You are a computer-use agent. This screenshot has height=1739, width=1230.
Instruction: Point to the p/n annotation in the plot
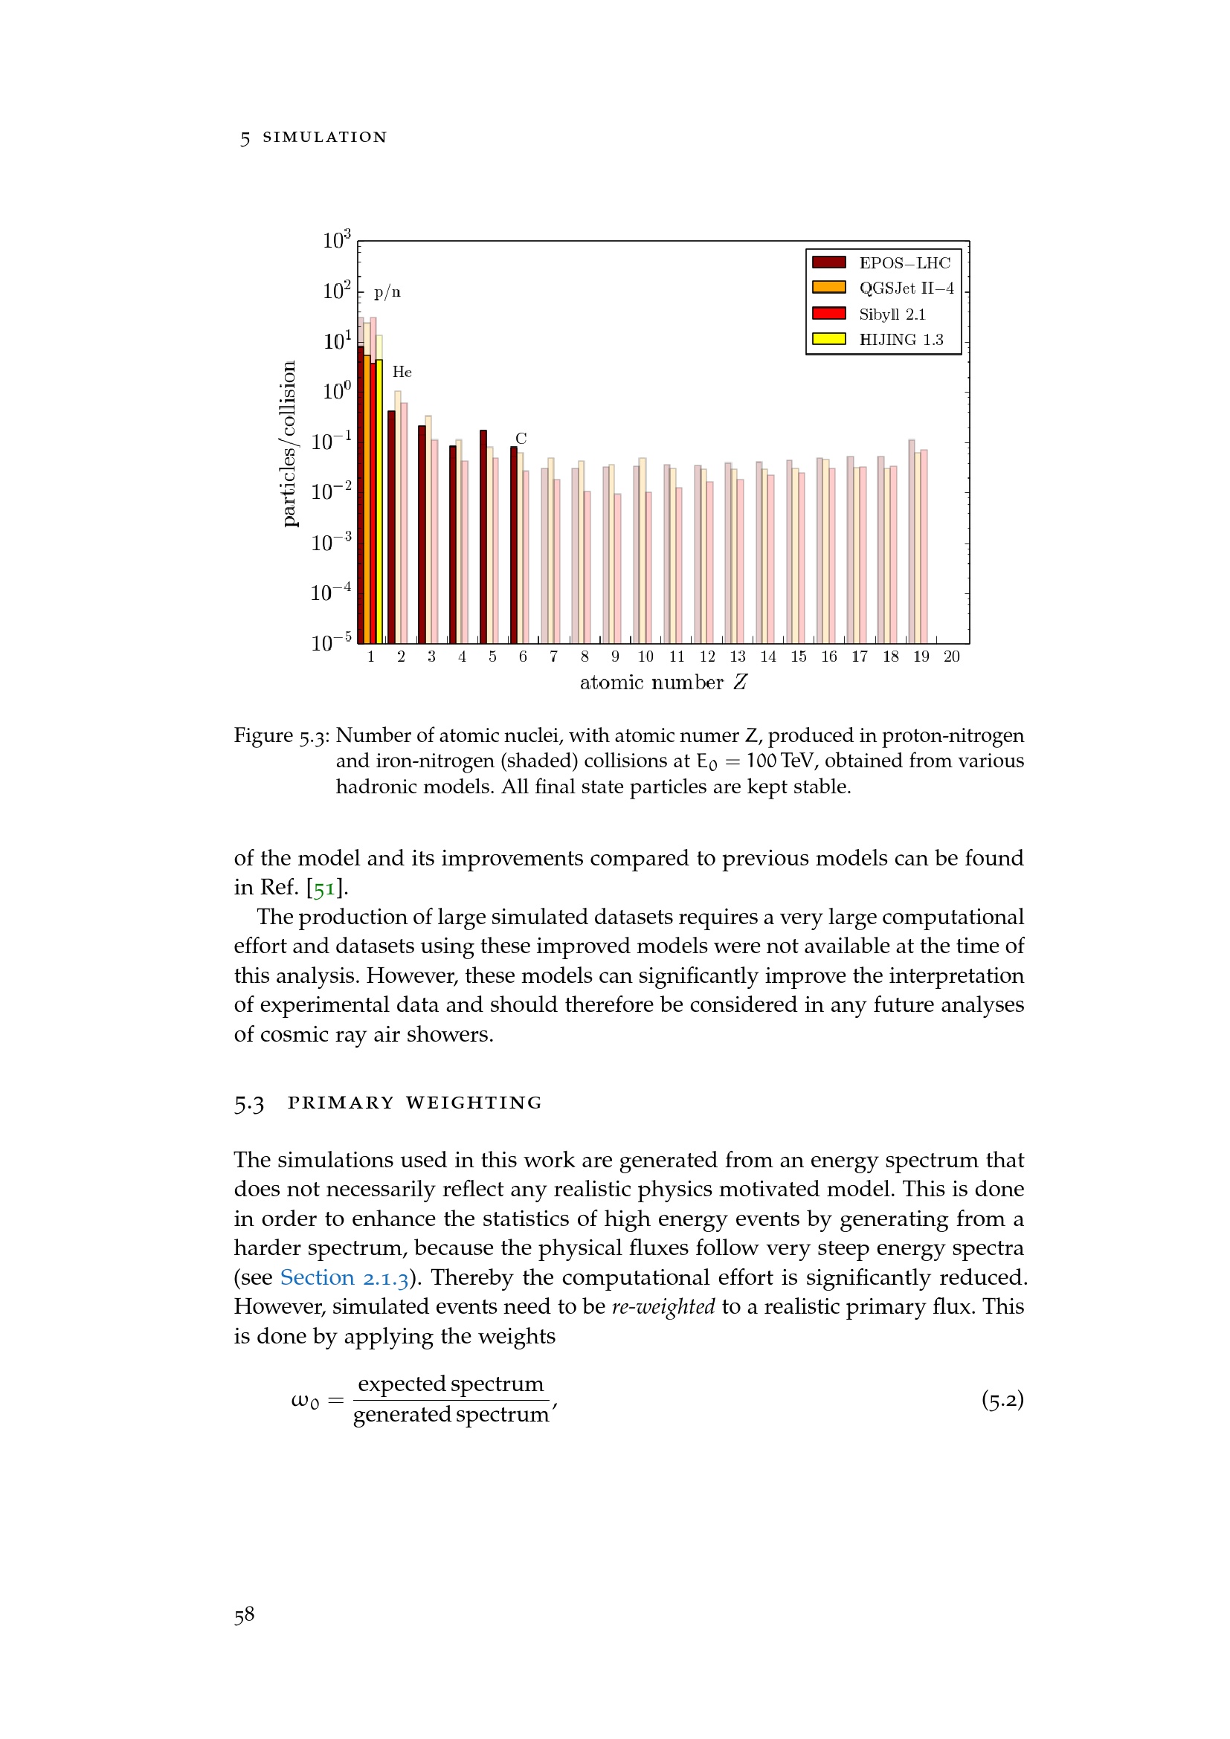[387, 292]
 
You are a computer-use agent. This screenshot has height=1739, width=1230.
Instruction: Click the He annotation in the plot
[402, 372]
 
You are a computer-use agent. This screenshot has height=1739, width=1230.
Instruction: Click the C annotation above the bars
[521, 439]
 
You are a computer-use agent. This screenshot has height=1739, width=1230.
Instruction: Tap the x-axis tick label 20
[951, 656]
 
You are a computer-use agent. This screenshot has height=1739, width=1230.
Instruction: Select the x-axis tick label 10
[645, 656]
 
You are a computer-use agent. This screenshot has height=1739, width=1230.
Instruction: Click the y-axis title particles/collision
[289, 444]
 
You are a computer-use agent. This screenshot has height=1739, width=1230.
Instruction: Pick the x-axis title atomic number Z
[663, 683]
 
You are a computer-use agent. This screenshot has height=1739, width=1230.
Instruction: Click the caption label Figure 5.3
[281, 735]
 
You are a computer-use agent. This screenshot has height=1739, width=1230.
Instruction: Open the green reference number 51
[324, 888]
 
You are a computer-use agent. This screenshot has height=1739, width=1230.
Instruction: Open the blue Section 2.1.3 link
[344, 1278]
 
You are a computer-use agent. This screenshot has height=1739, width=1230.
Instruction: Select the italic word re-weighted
[663, 1306]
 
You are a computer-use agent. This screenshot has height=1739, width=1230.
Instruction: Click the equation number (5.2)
[1002, 1399]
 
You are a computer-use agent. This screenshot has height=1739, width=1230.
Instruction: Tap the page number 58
[244, 1614]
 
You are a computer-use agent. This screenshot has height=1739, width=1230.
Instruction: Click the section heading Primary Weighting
[415, 1103]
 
